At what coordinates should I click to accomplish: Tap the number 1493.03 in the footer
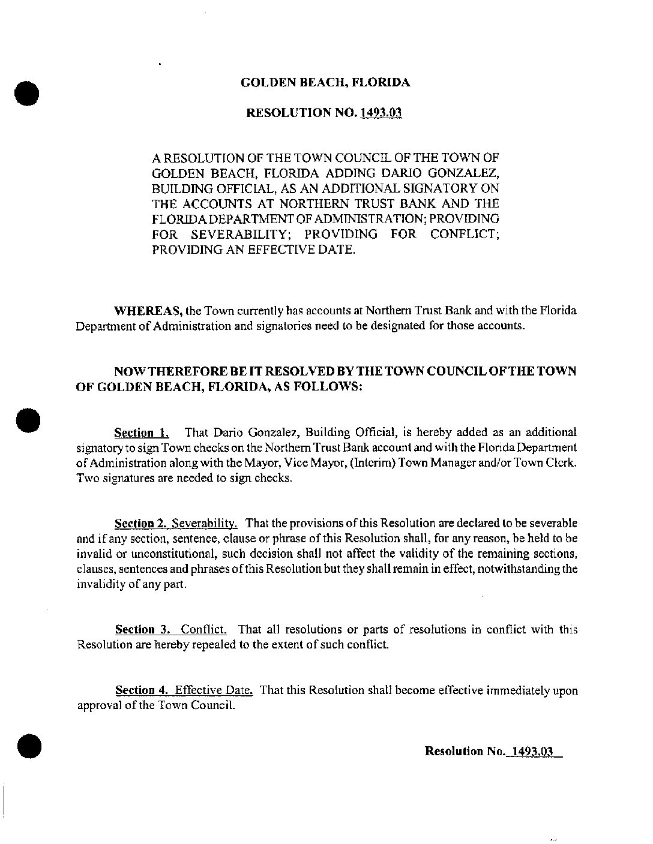coord(529,751)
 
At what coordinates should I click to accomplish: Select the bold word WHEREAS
coord(148,311)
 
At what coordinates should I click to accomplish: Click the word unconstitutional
coord(158,554)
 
